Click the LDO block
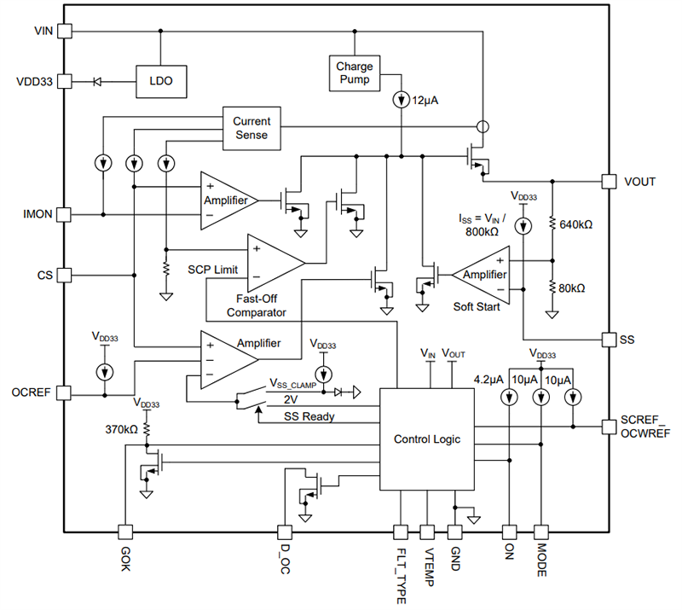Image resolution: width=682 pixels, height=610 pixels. [x=162, y=82]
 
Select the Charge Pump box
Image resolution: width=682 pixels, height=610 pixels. [x=354, y=73]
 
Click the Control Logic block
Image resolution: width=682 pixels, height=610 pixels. [x=426, y=439]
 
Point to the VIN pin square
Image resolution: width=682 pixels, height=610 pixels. [x=65, y=31]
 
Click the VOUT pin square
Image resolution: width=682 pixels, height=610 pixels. [x=609, y=181]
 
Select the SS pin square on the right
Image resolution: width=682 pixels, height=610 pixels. [x=609, y=339]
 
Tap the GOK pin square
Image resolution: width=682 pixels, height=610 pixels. [x=124, y=532]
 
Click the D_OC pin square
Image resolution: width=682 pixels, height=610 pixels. [x=283, y=532]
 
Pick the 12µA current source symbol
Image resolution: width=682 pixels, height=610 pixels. [x=402, y=101]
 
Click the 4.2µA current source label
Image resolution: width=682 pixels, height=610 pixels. [x=489, y=378]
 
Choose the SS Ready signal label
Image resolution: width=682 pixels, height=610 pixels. [x=309, y=416]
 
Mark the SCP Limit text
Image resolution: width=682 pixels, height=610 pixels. [x=213, y=269]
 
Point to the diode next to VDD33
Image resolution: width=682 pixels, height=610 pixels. [x=96, y=82]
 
